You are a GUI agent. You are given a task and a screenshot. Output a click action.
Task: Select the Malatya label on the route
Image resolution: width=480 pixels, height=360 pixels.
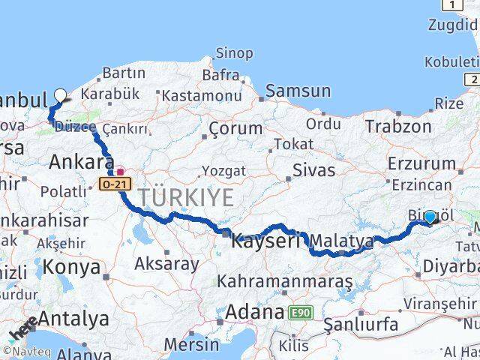tap(342, 241)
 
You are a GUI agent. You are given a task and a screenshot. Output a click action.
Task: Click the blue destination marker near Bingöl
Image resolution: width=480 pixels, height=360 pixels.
tap(430, 217)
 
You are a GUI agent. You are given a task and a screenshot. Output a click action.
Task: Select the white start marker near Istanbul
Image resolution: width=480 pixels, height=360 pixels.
tap(60, 96)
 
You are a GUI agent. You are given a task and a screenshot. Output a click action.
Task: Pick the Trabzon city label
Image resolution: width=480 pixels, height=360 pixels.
tap(398, 127)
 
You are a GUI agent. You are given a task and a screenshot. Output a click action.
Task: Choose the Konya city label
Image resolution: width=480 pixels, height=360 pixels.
tap(71, 267)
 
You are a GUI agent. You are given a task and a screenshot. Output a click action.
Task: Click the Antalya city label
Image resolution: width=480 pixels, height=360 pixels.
tap(73, 319)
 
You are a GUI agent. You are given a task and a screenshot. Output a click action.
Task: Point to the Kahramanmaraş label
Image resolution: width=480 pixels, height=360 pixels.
tap(285, 281)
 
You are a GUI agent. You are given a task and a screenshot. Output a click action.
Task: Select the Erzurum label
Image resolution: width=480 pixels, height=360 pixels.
tap(421, 163)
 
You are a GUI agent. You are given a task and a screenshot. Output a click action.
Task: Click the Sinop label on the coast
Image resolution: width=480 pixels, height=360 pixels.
tap(234, 53)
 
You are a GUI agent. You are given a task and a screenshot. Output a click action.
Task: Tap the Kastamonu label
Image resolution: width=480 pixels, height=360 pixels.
tap(202, 95)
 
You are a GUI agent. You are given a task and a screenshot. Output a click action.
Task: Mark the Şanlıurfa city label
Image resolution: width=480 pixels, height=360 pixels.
tap(360, 324)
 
